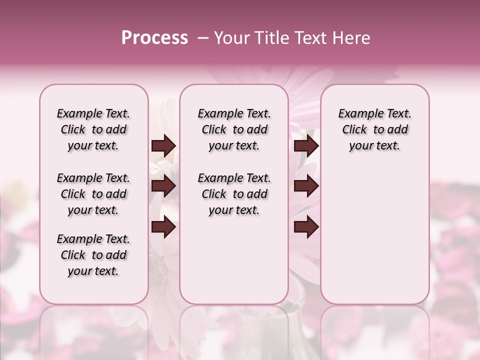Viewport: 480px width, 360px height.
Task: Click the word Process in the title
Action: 154,38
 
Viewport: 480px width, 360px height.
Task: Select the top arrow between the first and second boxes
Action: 163,146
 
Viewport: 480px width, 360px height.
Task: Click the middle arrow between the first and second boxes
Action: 163,186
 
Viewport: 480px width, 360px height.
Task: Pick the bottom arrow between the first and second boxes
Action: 163,227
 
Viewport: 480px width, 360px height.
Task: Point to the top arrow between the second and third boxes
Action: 306,146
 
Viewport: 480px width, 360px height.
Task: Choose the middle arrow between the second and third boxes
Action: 306,186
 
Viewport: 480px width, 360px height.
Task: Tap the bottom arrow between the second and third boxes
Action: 306,227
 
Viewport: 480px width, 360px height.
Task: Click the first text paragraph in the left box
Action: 93,129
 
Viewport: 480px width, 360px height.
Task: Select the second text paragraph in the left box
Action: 93,194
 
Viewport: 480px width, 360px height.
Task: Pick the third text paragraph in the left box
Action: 93,255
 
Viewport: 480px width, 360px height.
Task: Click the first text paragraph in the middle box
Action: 234,129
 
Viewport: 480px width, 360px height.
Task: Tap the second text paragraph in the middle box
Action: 234,194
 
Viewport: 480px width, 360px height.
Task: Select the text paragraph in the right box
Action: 375,129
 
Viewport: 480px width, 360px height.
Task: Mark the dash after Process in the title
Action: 203,38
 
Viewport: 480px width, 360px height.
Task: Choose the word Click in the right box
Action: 354,130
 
